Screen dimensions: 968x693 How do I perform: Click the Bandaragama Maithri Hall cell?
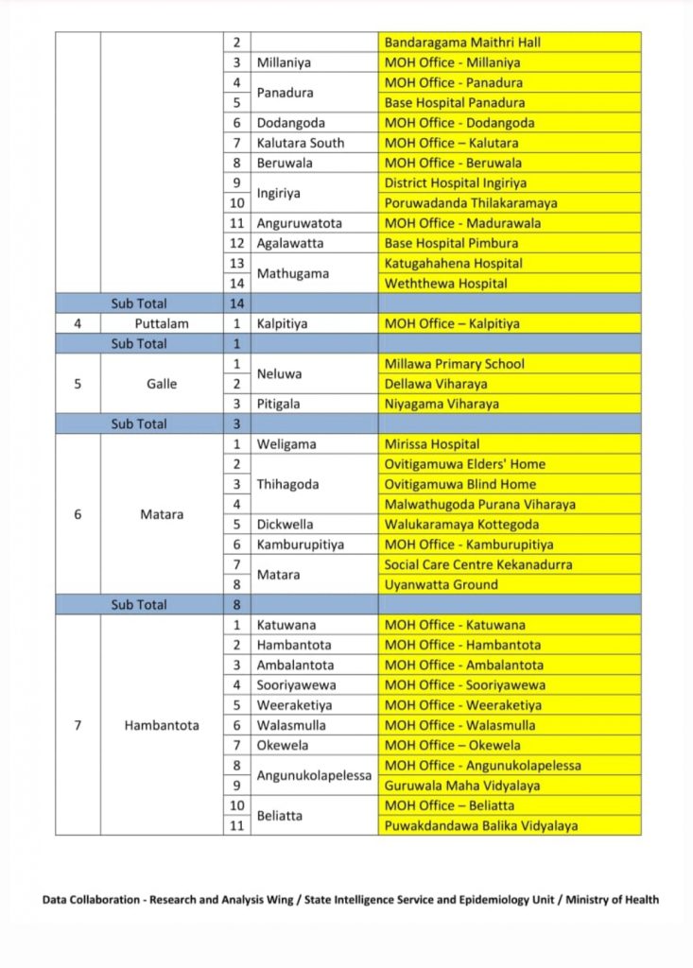pos(462,43)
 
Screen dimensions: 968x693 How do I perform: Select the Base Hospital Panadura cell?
pos(454,103)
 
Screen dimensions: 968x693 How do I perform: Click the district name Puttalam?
pos(161,323)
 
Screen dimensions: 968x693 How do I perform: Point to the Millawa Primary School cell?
pos(454,364)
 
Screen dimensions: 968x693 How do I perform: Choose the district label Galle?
pos(161,384)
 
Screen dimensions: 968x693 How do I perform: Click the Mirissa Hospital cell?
pos(431,444)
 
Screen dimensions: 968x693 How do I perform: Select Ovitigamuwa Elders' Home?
pos(464,464)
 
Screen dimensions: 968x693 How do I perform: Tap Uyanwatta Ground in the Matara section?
pos(438,585)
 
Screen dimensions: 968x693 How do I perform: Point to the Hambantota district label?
pos(162,726)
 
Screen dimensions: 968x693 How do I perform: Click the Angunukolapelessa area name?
pos(314,775)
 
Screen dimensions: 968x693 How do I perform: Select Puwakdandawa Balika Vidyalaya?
pos(480,826)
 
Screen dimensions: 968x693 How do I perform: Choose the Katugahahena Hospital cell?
pos(453,264)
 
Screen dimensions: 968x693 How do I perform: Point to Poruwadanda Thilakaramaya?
pos(470,203)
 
